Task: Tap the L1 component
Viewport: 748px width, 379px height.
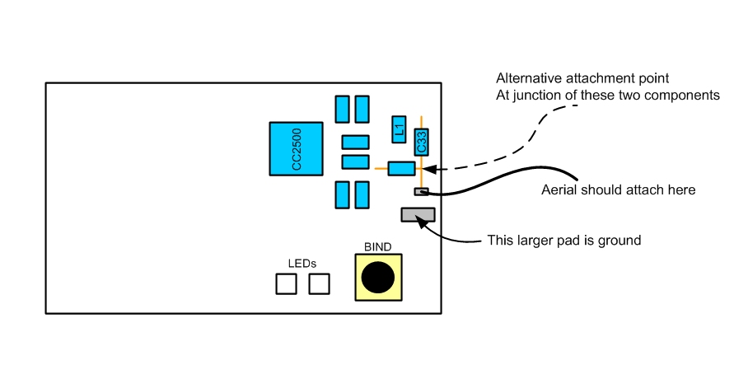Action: point(399,128)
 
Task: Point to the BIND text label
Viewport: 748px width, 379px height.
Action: point(378,246)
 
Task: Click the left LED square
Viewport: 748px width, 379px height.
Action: point(286,283)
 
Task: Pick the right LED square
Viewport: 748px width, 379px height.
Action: point(319,283)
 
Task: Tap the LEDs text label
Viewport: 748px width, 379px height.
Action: point(302,263)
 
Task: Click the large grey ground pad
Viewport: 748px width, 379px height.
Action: point(418,215)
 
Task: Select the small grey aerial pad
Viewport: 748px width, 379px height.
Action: point(421,192)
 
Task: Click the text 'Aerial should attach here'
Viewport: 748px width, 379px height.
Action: point(619,190)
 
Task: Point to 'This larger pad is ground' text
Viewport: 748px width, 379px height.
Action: point(563,241)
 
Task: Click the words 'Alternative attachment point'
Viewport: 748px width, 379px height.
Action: point(582,78)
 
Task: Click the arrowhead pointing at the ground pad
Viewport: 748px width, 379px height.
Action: point(423,220)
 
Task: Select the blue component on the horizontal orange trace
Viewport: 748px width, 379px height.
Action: point(401,168)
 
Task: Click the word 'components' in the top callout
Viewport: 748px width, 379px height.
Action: point(687,95)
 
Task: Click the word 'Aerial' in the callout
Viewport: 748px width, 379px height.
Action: point(559,190)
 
